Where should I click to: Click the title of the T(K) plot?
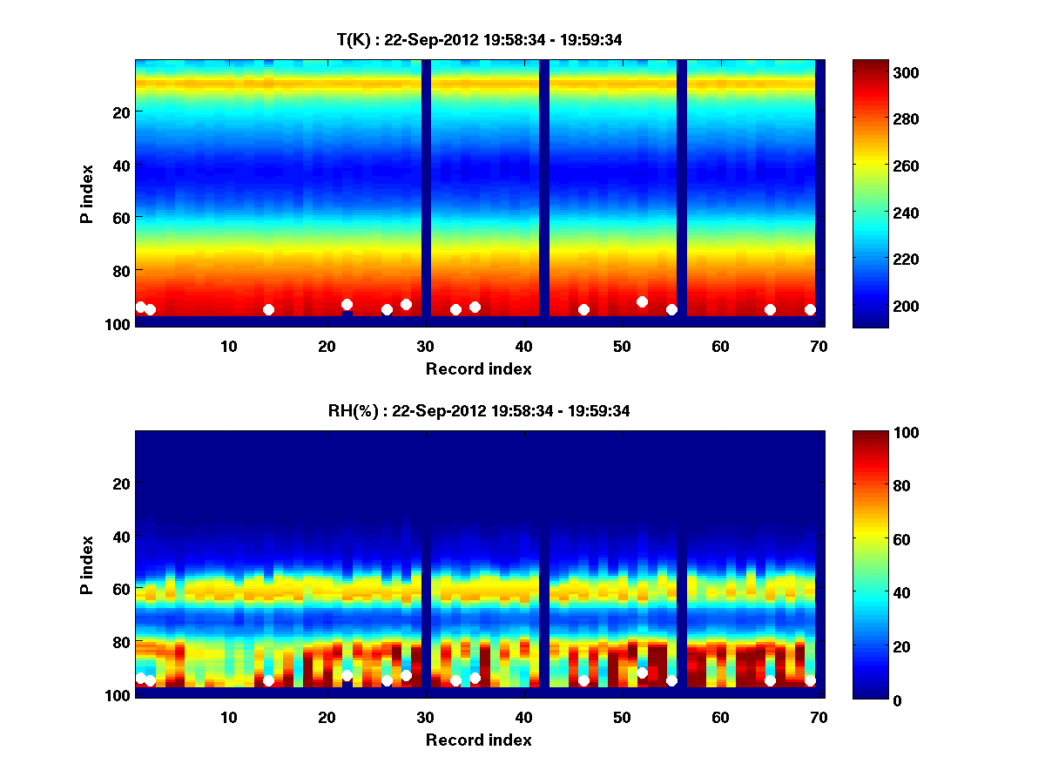coord(479,40)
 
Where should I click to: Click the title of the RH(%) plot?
coord(479,411)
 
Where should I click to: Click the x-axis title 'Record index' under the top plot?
coord(478,368)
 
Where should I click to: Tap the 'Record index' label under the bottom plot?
coord(478,740)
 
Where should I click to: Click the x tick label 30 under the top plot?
coord(425,346)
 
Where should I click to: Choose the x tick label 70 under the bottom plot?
coord(819,717)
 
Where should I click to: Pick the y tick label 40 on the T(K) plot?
coord(121,165)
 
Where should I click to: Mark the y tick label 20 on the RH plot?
coord(121,483)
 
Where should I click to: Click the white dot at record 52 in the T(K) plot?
coord(642,301)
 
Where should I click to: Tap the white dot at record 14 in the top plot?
coord(268,309)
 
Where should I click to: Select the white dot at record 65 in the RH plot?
coord(770,680)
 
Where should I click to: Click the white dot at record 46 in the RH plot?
coord(583,680)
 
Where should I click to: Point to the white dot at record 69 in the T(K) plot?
coord(810,309)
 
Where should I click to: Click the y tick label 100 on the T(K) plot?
coord(118,324)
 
